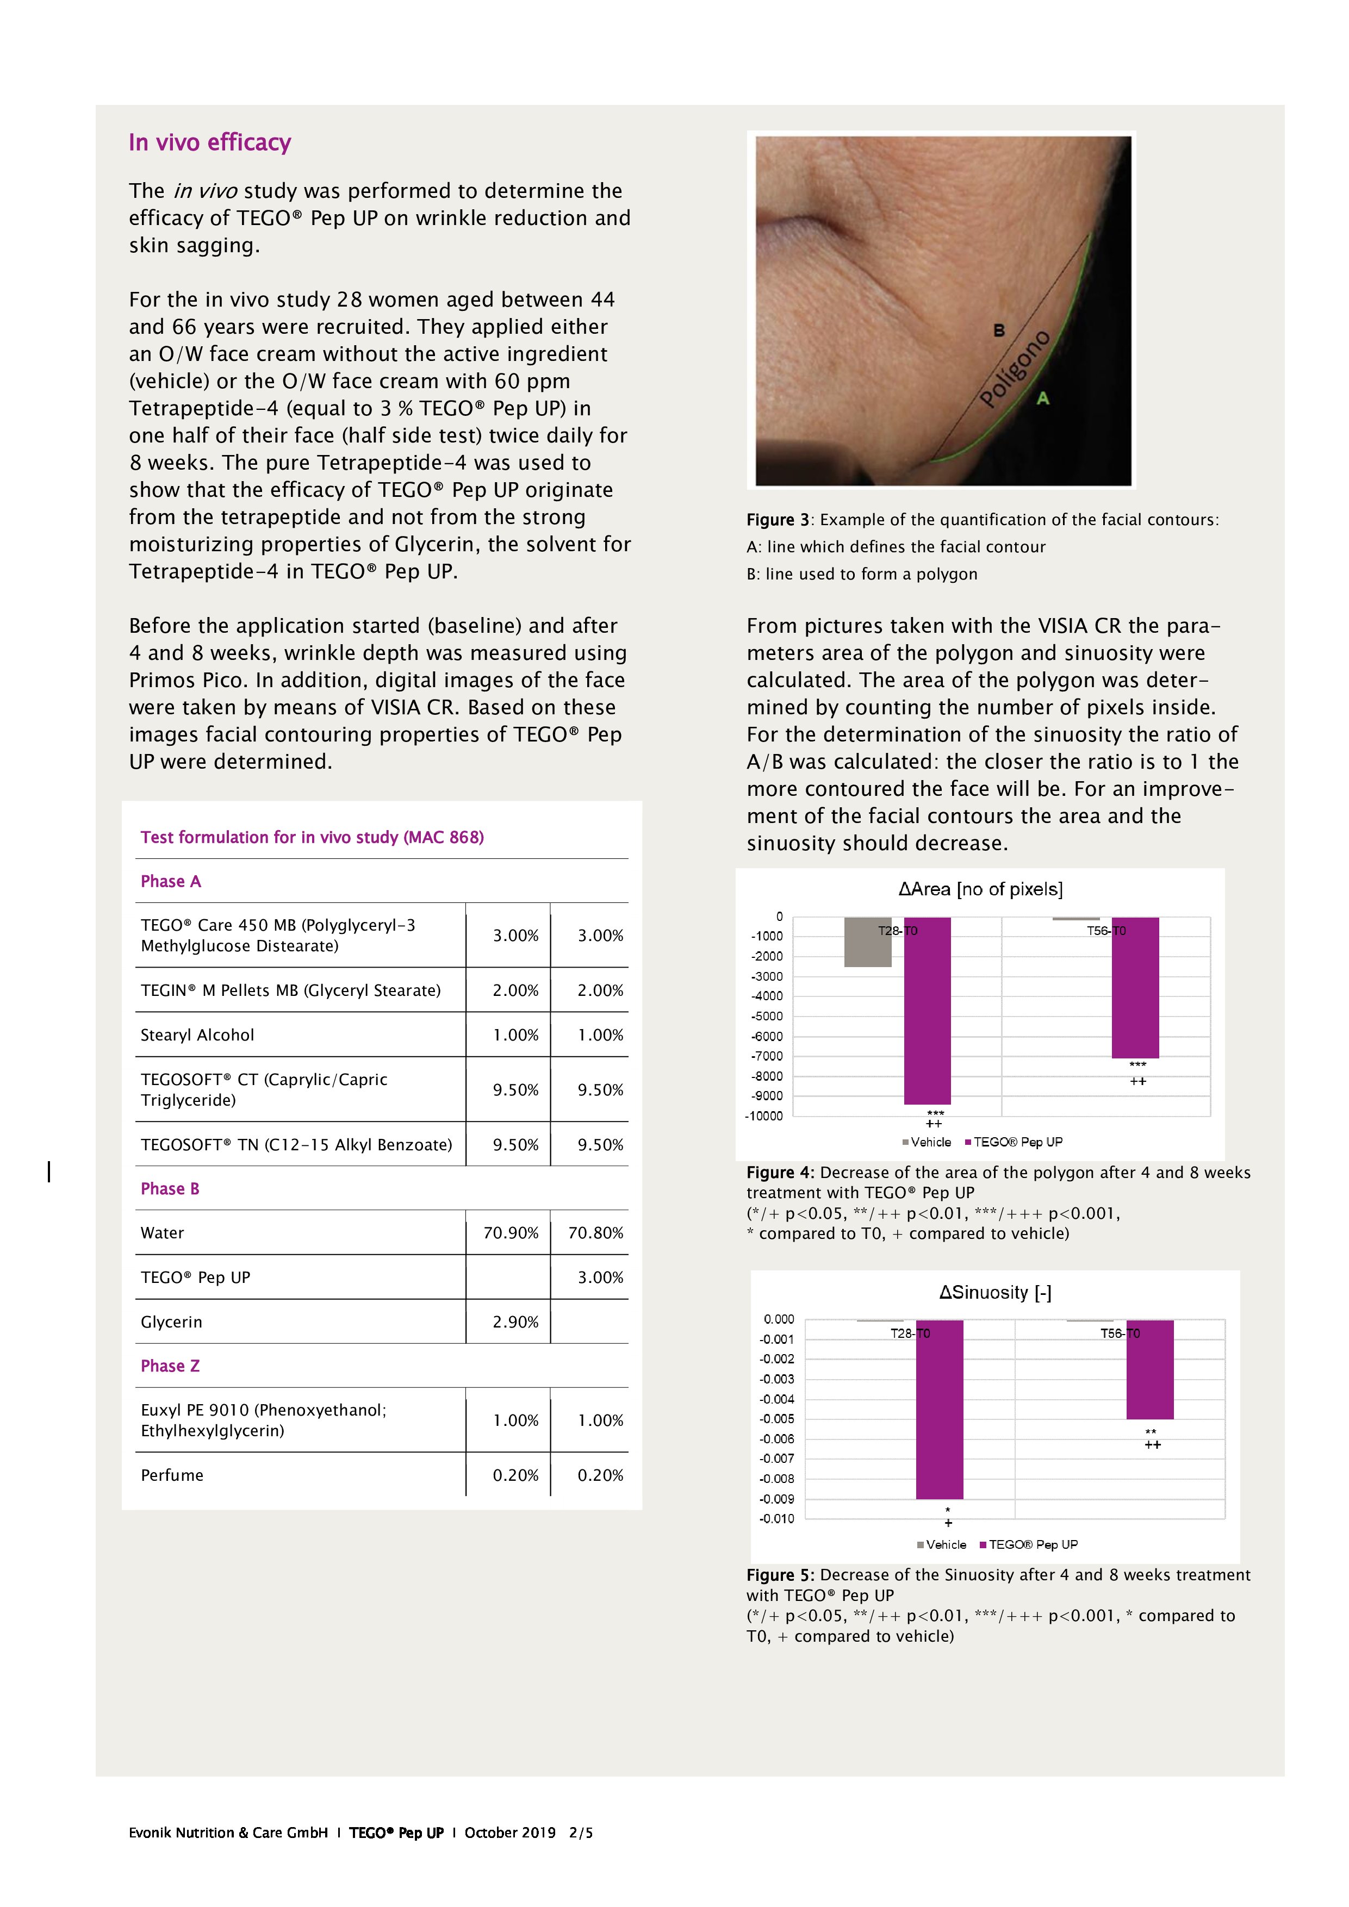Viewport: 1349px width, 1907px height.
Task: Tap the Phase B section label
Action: pyautogui.click(x=170, y=1188)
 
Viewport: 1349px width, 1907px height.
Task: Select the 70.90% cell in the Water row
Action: pyautogui.click(x=510, y=1232)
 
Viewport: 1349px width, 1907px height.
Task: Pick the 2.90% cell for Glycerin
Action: pyautogui.click(x=515, y=1322)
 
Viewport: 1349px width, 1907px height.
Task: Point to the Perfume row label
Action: pyautogui.click(x=172, y=1475)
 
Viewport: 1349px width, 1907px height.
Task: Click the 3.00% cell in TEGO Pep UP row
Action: pyautogui.click(x=600, y=1277)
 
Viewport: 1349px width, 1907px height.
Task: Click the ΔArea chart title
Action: pyautogui.click(x=980, y=889)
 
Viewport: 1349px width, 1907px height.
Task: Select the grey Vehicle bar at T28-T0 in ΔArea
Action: pyautogui.click(x=867, y=942)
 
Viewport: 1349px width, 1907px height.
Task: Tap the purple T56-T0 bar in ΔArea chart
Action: pyautogui.click(x=1135, y=988)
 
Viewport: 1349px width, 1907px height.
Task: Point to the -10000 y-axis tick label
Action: pyautogui.click(x=763, y=1116)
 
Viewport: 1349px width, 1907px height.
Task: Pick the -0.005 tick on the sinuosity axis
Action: pyautogui.click(x=776, y=1419)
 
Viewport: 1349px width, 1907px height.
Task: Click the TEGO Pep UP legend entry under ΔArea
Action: pyautogui.click(x=1017, y=1142)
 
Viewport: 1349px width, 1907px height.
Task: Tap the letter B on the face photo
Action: pyautogui.click(x=999, y=331)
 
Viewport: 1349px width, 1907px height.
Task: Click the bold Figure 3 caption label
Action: pyautogui.click(x=778, y=520)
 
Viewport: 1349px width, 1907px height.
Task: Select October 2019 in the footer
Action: pyautogui.click(x=510, y=1833)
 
